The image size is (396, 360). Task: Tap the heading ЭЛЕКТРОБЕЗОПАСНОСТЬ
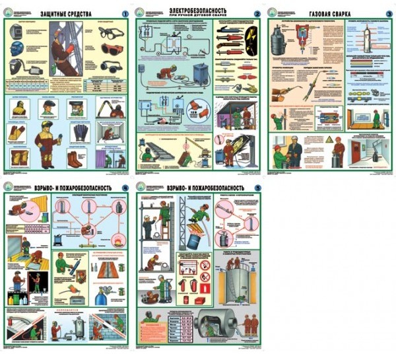[x=197, y=11]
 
